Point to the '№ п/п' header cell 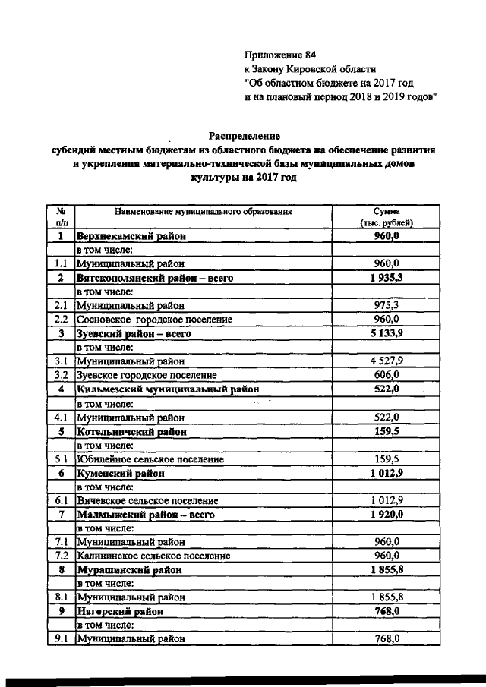59,217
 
